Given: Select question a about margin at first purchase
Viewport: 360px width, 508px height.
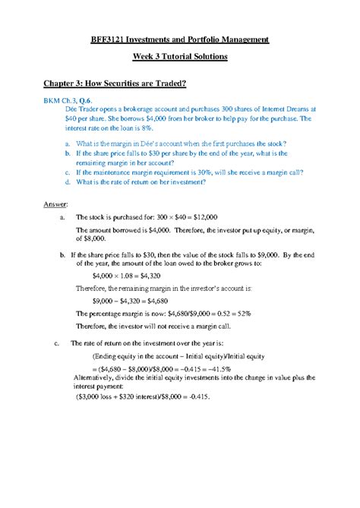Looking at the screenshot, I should click(x=172, y=144).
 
